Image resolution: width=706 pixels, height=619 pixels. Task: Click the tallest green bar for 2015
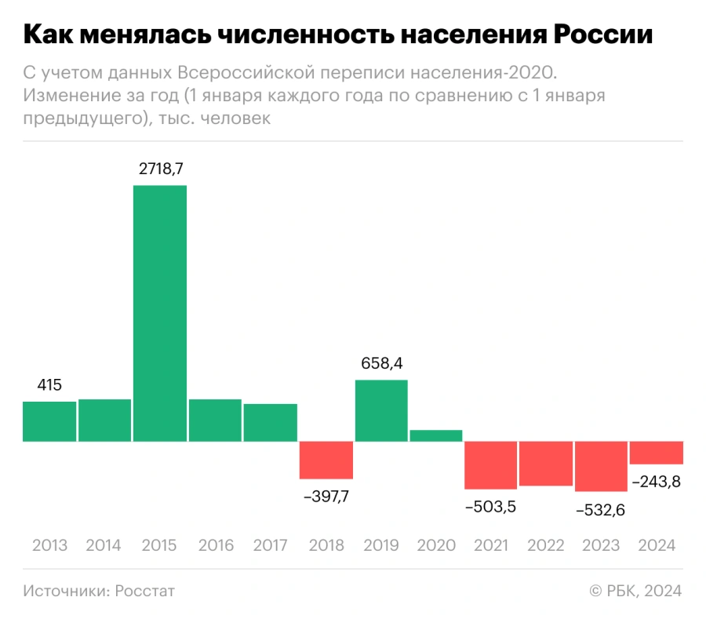[x=160, y=313]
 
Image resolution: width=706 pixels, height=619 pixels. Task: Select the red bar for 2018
[x=326, y=460]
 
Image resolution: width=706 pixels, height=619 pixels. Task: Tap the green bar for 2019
[x=381, y=410]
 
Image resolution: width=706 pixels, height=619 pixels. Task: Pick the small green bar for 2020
[x=436, y=435]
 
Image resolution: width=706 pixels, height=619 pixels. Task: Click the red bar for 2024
[x=657, y=453]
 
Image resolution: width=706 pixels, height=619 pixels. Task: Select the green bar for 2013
[x=49, y=421]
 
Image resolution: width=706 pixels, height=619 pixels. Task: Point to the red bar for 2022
[x=546, y=464]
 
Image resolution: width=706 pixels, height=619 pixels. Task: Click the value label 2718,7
[x=160, y=169]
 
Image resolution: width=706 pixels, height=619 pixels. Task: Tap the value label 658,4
[x=381, y=363]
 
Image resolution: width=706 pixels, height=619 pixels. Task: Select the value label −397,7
[x=326, y=497]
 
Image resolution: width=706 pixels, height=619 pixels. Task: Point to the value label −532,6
[x=601, y=510]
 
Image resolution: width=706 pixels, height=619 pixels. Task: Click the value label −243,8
[x=656, y=482]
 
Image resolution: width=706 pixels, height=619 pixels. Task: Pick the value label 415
[x=49, y=385]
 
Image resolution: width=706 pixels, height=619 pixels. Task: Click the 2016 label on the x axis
[x=216, y=545]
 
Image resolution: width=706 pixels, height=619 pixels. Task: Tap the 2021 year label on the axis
[x=491, y=545]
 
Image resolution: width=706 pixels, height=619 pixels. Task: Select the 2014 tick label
[x=104, y=545]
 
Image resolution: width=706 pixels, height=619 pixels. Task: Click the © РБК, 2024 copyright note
[x=635, y=591]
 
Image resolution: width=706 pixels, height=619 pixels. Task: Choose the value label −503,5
[x=490, y=506]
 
